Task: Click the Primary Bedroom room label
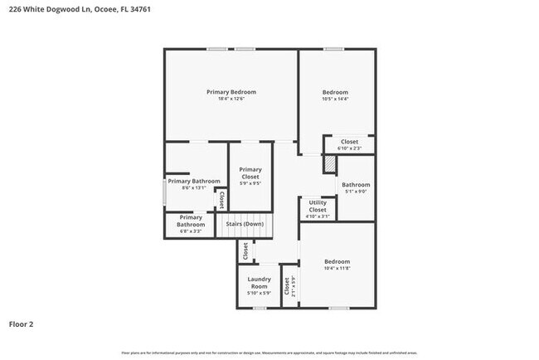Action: pyautogui.click(x=231, y=91)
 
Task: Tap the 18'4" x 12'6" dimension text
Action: pyautogui.click(x=231, y=99)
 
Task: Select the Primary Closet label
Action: pyautogui.click(x=250, y=173)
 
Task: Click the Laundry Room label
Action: pyautogui.click(x=260, y=282)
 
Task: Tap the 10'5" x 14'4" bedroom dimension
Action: pyautogui.click(x=335, y=99)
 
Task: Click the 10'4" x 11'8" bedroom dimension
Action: pyautogui.click(x=337, y=268)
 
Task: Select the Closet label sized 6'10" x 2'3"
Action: pyautogui.click(x=349, y=142)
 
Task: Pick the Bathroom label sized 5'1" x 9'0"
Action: pyautogui.click(x=356, y=184)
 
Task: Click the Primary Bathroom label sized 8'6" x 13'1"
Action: pyautogui.click(x=194, y=181)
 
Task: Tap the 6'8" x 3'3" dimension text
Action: pyautogui.click(x=190, y=231)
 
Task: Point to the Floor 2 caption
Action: pyautogui.click(x=22, y=324)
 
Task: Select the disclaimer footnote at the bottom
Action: pyautogui.click(x=269, y=353)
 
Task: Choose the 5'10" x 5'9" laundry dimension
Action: pyautogui.click(x=260, y=293)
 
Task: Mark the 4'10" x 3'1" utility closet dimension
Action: pyautogui.click(x=318, y=216)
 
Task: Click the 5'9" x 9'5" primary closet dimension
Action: pyautogui.click(x=250, y=184)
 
